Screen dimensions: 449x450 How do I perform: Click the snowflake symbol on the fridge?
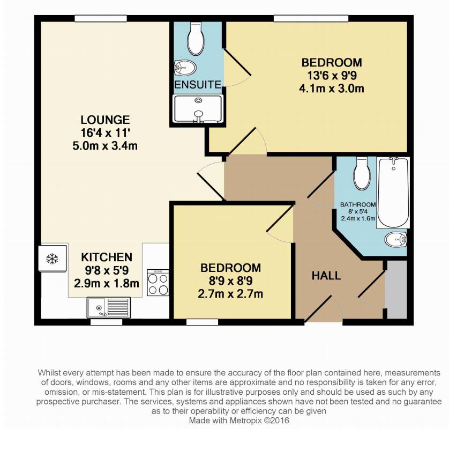tap(52, 259)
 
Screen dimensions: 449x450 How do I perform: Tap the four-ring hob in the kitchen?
tap(158, 283)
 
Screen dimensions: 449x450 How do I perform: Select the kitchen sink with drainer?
tap(109, 308)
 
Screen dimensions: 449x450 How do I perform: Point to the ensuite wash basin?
tap(185, 68)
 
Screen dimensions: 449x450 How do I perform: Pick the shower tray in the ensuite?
tap(198, 109)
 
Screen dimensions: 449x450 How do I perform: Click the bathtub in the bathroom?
tap(393, 193)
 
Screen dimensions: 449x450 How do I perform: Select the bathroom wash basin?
tap(395, 239)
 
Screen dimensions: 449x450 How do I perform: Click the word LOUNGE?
tap(105, 120)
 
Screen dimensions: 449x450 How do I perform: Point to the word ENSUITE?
tap(198, 85)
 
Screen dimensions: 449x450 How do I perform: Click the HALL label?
tap(326, 276)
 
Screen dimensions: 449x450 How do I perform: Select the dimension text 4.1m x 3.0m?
tap(332, 88)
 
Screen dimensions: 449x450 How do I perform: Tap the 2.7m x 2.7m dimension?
tap(230, 294)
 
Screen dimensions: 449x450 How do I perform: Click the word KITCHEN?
tap(107, 257)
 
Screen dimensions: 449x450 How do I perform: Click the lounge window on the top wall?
tap(101, 19)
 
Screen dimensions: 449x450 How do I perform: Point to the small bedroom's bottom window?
tap(202, 322)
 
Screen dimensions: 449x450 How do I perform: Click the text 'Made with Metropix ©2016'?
tap(239, 421)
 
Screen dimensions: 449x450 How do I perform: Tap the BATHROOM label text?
tap(358, 205)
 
